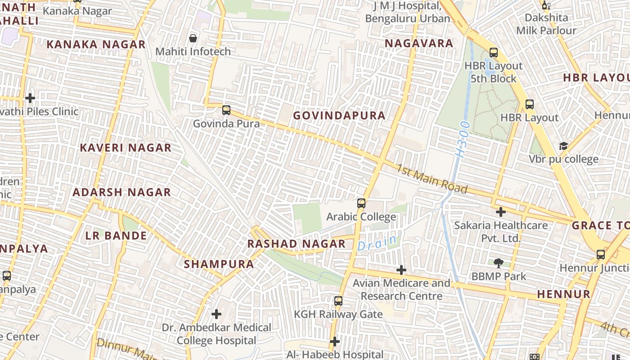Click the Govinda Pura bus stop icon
[226, 110]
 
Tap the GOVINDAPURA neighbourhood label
[339, 116]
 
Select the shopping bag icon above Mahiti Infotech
[193, 38]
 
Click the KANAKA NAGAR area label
[96, 44]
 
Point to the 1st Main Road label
[432, 179]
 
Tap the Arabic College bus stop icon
[361, 203]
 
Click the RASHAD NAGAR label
[297, 244]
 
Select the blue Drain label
[377, 243]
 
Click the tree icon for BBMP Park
[498, 263]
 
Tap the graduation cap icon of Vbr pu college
[563, 146]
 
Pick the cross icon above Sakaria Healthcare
[501, 211]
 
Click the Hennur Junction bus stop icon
[601, 254]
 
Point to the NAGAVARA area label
[419, 43]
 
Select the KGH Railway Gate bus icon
[338, 301]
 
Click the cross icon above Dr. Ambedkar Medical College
[216, 314]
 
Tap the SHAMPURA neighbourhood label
[219, 264]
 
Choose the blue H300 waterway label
[462, 139]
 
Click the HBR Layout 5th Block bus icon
[494, 52]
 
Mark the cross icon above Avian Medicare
[401, 270]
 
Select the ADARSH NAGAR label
[122, 192]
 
